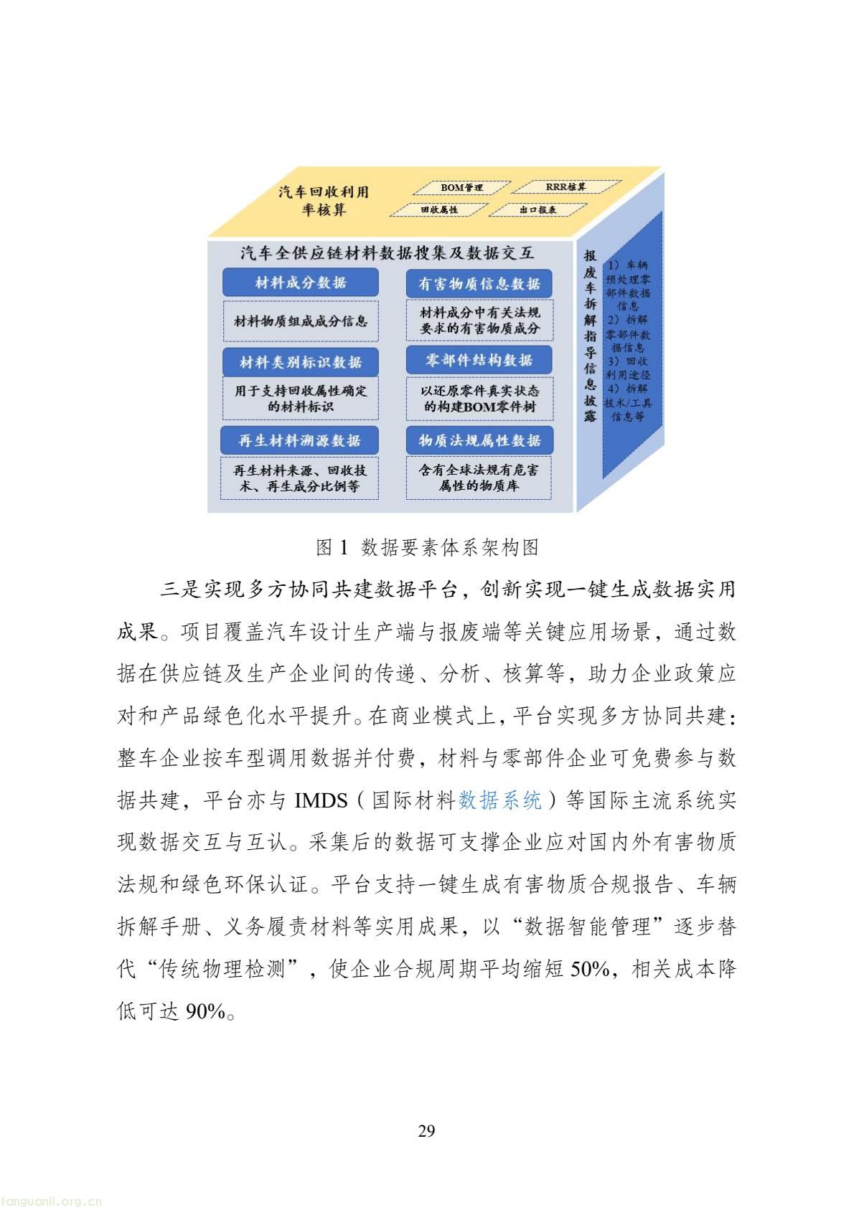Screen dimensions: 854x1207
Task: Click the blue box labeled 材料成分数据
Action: [x=300, y=283]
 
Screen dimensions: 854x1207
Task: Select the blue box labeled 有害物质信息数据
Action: [x=479, y=283]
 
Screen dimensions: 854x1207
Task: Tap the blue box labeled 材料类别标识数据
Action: [x=300, y=362]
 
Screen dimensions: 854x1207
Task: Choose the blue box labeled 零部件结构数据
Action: [x=479, y=360]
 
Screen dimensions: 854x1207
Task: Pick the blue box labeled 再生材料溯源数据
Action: [x=299, y=440]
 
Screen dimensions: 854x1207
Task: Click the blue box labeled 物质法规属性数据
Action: [x=479, y=440]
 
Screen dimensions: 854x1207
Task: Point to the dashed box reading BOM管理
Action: [x=461, y=187]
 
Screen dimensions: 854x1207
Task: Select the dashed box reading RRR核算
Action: [x=566, y=186]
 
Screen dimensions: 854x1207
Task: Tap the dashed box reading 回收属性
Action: [x=439, y=209]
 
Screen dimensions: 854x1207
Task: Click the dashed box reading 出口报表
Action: [x=538, y=209]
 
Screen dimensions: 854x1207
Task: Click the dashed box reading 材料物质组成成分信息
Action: [x=300, y=321]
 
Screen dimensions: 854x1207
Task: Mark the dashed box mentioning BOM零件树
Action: [x=479, y=399]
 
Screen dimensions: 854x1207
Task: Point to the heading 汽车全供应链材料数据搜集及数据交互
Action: [x=387, y=252]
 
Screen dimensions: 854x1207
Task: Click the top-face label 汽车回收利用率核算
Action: [x=324, y=200]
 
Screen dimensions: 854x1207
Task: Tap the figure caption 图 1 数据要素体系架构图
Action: [x=427, y=547]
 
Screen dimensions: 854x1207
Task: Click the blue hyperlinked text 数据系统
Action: [x=499, y=800]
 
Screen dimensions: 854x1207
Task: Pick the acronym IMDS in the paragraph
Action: [x=321, y=800]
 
